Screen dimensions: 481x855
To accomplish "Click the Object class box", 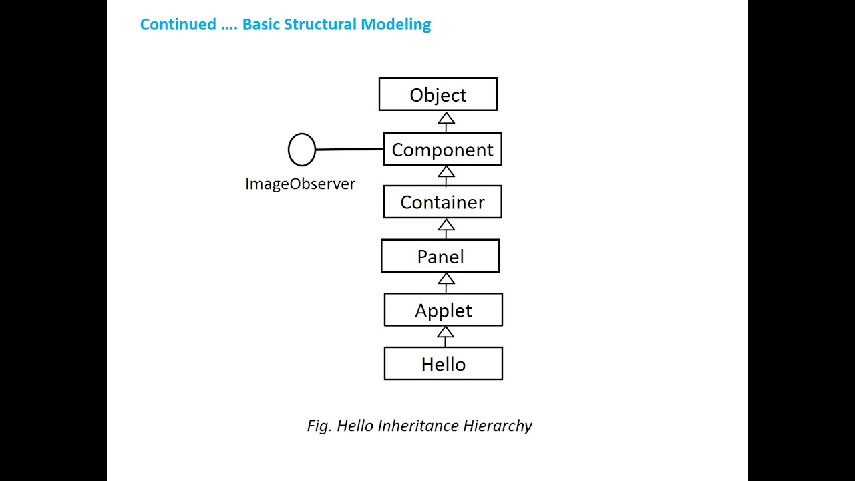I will click(438, 94).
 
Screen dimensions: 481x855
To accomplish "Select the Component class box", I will click(442, 149).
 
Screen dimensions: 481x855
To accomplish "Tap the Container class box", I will click(442, 202).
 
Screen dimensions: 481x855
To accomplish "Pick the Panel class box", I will click(440, 257).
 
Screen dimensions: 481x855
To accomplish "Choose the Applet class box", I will click(444, 310).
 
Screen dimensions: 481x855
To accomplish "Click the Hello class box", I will click(444, 364).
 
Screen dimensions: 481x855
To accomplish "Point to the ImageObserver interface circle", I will click(301, 150).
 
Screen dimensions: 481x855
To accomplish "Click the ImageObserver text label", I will click(300, 184).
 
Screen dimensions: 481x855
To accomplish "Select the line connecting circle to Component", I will click(349, 150).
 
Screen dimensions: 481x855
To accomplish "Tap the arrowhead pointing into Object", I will click(446, 118).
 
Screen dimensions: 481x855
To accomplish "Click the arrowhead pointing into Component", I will click(446, 172).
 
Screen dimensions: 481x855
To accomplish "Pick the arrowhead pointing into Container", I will click(446, 225).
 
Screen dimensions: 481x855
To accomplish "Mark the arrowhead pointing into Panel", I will click(446, 279).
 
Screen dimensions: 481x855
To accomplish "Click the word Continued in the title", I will click(178, 25).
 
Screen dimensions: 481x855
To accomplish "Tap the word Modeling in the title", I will click(396, 25).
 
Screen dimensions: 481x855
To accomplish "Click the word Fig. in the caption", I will click(319, 426).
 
